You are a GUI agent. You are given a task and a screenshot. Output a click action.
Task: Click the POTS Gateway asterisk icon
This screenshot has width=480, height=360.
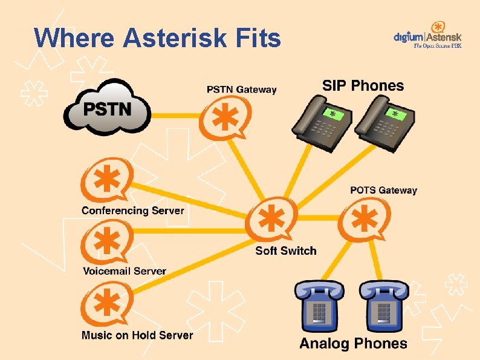click(363, 219)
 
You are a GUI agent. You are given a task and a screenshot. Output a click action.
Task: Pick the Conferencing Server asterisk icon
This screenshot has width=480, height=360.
click(106, 180)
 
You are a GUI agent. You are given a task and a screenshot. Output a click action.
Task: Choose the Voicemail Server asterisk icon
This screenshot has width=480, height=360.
click(106, 241)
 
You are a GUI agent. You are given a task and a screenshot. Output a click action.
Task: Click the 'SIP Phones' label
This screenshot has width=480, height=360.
click(363, 85)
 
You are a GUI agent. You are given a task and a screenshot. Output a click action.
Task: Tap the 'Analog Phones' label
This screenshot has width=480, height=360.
click(353, 344)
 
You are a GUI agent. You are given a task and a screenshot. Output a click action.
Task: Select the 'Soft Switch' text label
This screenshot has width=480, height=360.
click(285, 250)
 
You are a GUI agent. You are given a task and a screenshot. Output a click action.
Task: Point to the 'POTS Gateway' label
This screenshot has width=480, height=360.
click(383, 190)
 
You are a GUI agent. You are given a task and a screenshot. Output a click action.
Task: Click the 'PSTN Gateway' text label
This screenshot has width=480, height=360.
click(241, 90)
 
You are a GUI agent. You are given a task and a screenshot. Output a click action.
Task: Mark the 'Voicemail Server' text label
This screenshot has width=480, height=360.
click(124, 271)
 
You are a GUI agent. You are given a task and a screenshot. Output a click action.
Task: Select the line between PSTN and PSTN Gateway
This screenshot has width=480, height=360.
click(175, 115)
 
